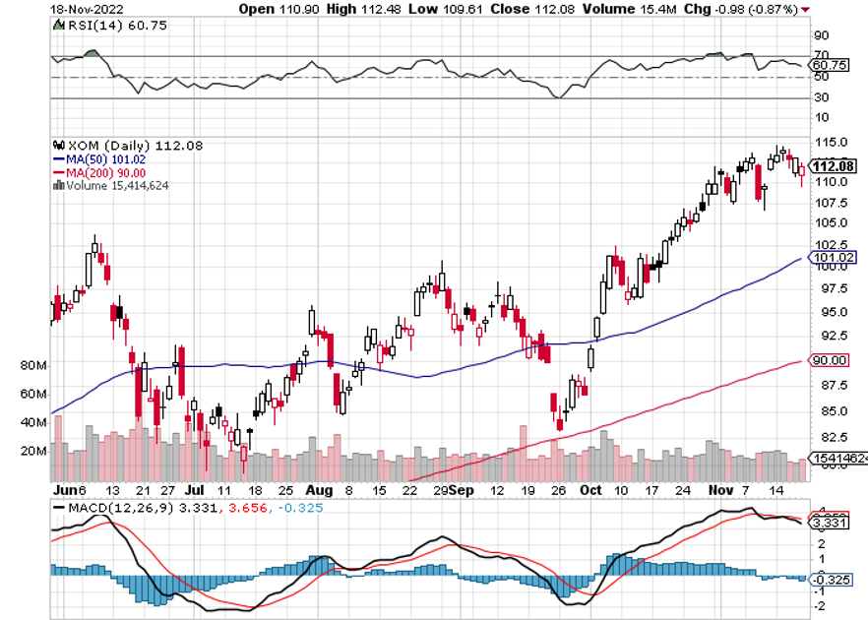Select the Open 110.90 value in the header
tap(271, 8)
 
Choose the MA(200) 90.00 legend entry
tap(95, 171)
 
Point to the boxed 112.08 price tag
tap(833, 165)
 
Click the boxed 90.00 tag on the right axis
tap(829, 361)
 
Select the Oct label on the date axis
tap(590, 489)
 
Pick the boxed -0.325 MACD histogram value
tap(831, 582)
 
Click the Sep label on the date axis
tap(462, 489)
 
